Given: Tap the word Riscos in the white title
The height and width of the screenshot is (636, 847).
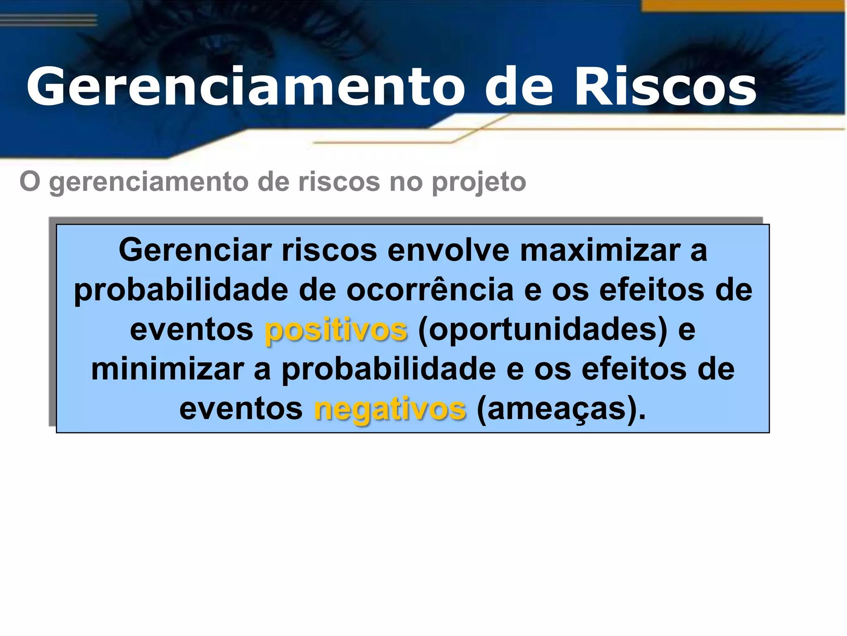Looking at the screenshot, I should click(x=665, y=87).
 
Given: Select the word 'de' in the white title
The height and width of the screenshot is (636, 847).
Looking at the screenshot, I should click(x=519, y=87).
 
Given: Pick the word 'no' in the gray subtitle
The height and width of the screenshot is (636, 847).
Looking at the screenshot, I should click(x=405, y=182).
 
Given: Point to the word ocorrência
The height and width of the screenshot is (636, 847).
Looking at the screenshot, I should click(x=430, y=290).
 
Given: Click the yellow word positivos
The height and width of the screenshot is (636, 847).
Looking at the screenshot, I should click(x=336, y=330).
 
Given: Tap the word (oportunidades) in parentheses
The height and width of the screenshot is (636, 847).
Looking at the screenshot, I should click(x=543, y=330).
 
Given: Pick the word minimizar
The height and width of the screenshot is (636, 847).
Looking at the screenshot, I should click(x=168, y=369).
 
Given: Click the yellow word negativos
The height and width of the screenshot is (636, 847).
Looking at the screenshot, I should click(x=390, y=409).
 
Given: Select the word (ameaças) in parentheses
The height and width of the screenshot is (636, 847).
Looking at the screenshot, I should click(x=560, y=409).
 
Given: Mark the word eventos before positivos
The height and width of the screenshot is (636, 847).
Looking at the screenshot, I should click(x=191, y=330).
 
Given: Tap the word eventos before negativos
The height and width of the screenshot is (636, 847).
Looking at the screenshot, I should click(x=241, y=409).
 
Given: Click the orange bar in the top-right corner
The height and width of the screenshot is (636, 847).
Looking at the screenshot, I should click(x=742, y=5).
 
